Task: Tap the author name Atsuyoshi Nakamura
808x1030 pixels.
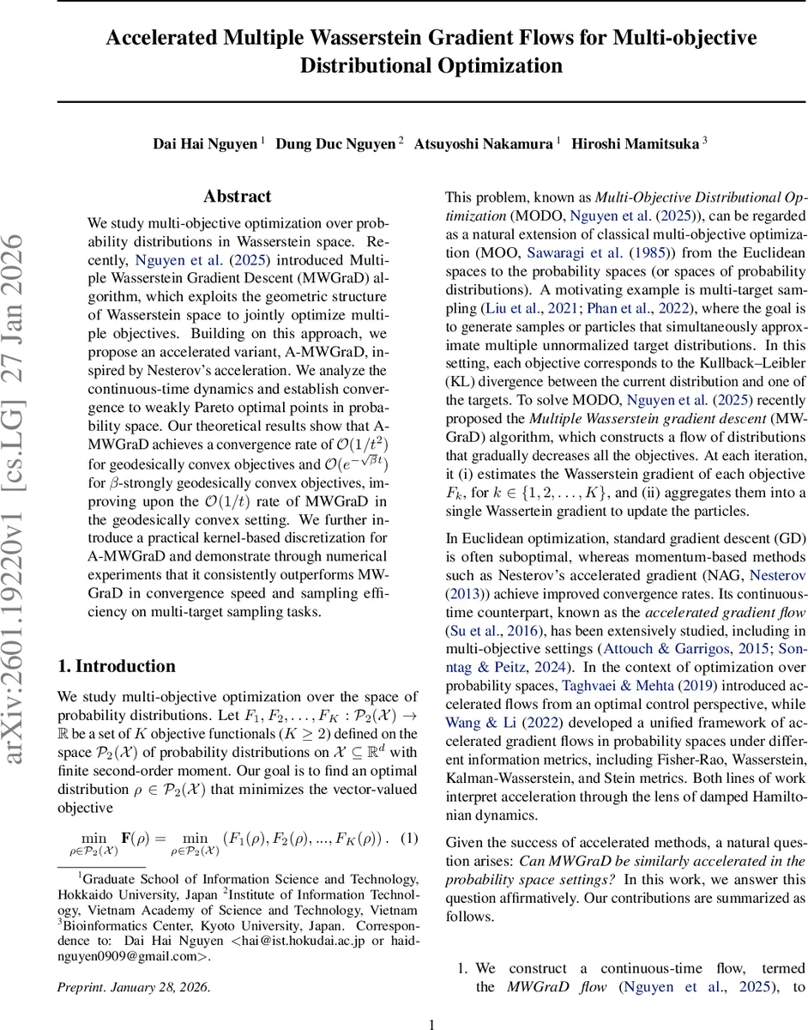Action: coord(483,144)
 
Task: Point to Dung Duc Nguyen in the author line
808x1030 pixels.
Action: coord(335,144)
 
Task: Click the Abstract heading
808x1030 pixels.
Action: coord(238,197)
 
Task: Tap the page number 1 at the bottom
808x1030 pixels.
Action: coord(432,1023)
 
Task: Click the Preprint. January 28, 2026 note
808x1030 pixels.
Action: coord(133,987)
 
